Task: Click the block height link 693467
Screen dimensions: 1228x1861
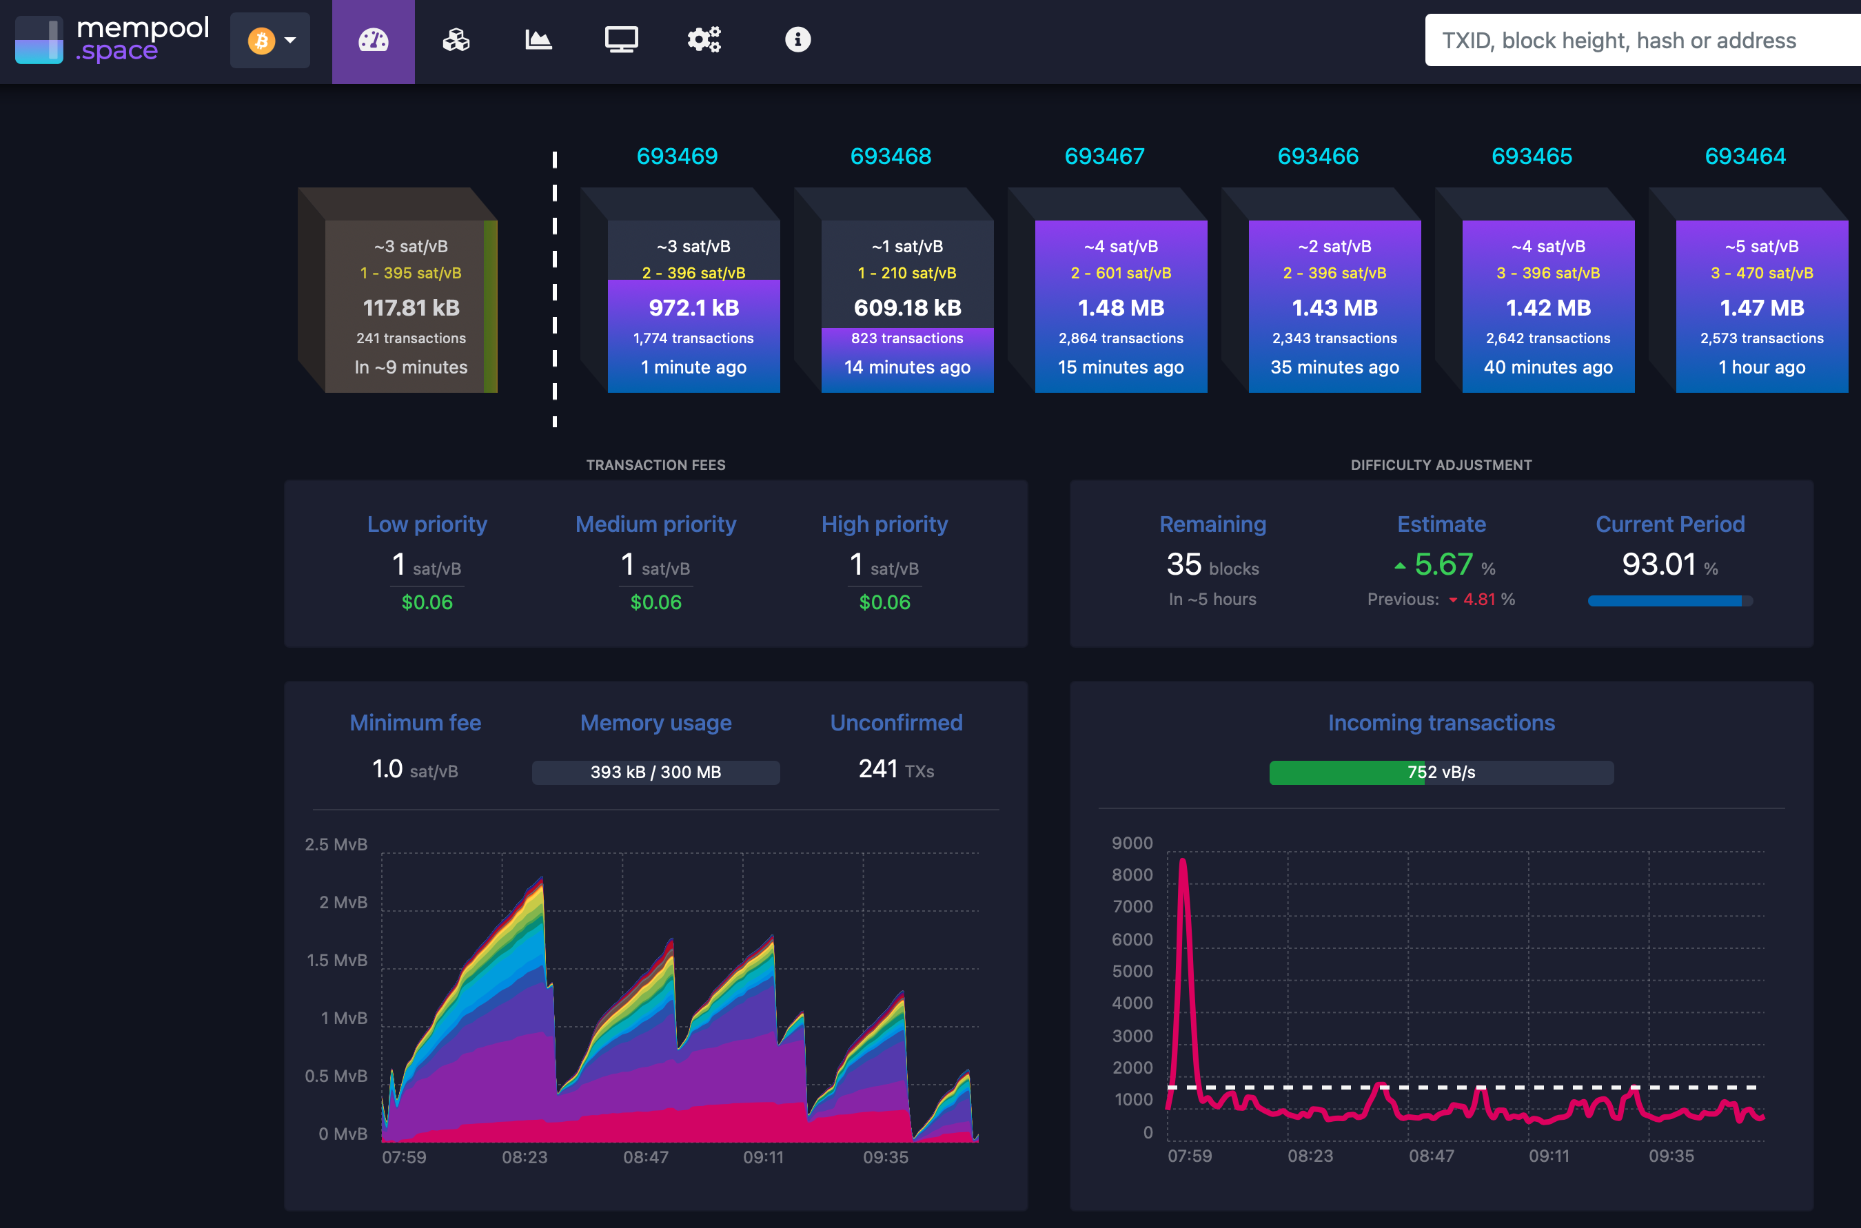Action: point(1104,156)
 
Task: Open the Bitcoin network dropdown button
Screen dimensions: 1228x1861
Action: point(270,40)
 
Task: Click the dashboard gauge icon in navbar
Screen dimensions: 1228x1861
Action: point(373,40)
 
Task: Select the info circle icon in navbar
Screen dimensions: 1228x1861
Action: point(797,39)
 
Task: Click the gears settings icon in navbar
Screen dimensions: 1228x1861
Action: point(703,39)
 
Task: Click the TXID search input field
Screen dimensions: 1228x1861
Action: point(1637,40)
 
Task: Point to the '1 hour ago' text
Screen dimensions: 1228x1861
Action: point(1762,367)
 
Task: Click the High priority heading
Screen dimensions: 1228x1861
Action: point(884,524)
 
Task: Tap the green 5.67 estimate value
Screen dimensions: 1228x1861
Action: point(1443,564)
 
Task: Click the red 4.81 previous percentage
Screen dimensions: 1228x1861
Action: point(1478,599)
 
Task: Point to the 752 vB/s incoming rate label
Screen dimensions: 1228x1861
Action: point(1441,772)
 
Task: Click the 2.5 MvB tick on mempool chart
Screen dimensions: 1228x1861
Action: point(336,844)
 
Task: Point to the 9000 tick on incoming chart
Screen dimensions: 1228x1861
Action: point(1132,843)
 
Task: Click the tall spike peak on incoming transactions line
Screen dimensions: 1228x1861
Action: point(1183,861)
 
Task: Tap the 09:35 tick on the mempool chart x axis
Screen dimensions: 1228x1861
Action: point(885,1157)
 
